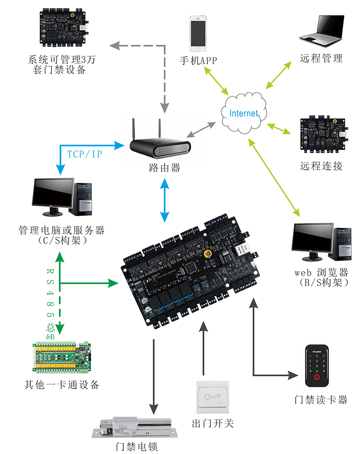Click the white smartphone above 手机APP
(x=198, y=34)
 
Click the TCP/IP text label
(x=85, y=154)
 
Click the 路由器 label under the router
(x=165, y=168)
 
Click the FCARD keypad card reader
(x=318, y=367)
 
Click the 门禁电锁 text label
(x=136, y=446)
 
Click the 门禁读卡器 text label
(x=321, y=400)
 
